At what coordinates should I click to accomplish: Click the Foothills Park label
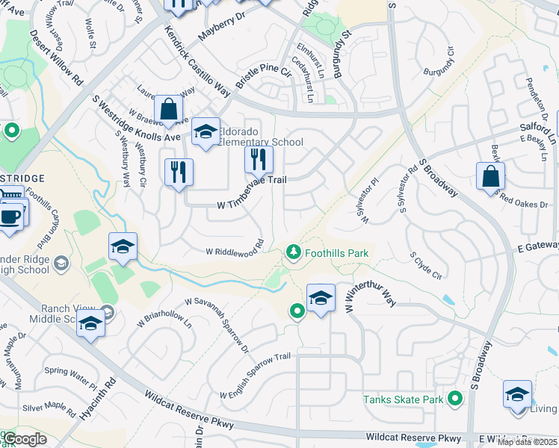(336, 253)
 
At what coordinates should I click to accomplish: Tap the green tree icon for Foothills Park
(294, 253)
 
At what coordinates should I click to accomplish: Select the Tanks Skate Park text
(404, 399)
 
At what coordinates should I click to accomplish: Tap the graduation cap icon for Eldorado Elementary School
(206, 132)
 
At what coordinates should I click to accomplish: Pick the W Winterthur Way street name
(370, 296)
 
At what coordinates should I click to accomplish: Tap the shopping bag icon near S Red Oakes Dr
(489, 176)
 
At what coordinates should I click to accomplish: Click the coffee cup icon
(10, 217)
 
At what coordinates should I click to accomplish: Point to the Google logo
(25, 439)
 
